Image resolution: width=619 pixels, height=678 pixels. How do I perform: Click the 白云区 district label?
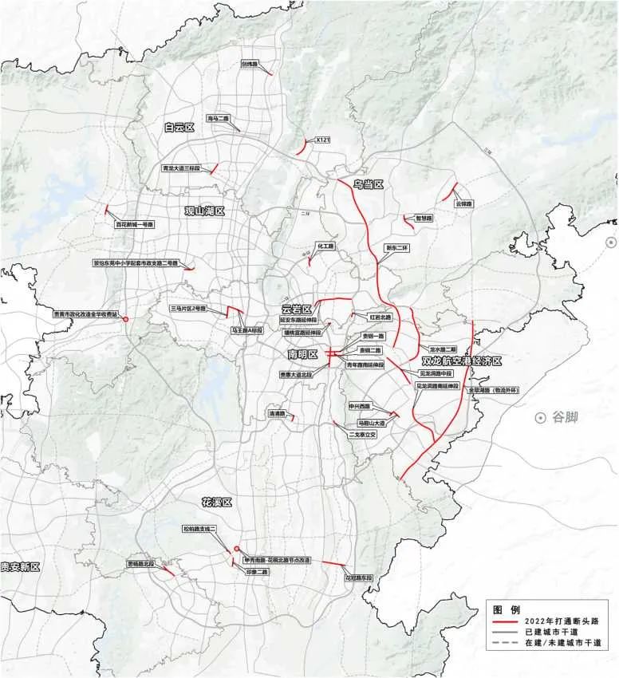[x=179, y=127]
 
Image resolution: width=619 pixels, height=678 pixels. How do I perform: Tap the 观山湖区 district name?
[x=205, y=211]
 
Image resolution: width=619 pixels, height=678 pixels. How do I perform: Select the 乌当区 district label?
[x=369, y=184]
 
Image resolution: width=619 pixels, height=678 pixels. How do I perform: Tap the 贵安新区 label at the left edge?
[x=20, y=566]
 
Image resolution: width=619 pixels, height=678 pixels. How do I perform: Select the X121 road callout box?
[x=323, y=140]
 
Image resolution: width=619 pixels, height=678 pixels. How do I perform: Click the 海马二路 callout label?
[x=218, y=118]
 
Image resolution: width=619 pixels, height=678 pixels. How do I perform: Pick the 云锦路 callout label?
[x=464, y=204]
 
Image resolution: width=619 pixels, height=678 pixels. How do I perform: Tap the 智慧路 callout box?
[x=424, y=218]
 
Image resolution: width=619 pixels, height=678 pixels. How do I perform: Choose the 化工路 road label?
[x=325, y=246]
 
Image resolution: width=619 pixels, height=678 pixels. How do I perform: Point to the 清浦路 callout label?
[x=277, y=414]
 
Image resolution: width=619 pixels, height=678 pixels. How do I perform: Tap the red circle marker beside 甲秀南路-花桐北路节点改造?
[x=236, y=548]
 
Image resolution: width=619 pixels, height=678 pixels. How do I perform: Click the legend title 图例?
[x=505, y=608]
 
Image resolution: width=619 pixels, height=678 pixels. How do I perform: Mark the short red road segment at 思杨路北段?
[x=168, y=570]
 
